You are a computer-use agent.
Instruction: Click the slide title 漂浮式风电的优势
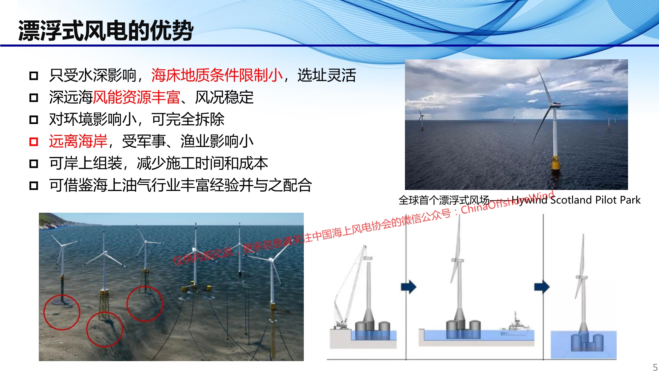tap(106, 30)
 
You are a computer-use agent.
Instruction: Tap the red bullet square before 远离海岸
tap(34, 141)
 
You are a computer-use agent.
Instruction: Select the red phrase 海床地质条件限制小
tap(217, 75)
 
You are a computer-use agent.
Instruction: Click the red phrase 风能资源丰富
tap(137, 97)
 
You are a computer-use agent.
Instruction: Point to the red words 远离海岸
tap(78, 141)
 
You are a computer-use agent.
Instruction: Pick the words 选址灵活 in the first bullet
tap(327, 75)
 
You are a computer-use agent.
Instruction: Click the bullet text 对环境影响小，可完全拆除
tap(137, 119)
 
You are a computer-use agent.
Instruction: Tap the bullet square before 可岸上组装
tap(34, 164)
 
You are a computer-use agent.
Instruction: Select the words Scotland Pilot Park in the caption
tap(595, 200)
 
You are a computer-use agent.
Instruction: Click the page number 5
tap(655, 367)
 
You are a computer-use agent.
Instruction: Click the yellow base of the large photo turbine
tap(555, 163)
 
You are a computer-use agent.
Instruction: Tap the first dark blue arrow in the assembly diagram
tap(409, 287)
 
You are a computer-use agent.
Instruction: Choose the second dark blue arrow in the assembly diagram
tap(542, 287)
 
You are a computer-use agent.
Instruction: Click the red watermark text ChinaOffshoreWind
tap(507, 202)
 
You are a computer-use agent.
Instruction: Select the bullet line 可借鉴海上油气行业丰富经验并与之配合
tap(181, 185)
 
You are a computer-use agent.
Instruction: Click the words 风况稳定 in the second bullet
tap(224, 97)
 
